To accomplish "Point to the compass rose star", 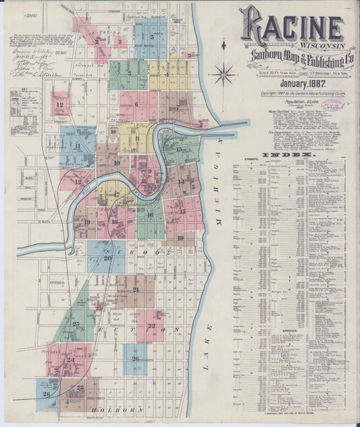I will coord(224,72).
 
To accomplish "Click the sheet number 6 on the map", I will coord(136,105).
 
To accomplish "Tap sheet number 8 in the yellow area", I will coord(136,139).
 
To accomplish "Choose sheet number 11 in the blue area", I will coord(78,145).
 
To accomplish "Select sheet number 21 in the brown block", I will coord(136,290).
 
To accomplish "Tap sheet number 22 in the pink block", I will coord(151,326).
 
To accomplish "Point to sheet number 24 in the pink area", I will coord(70,361).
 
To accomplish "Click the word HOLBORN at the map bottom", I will coord(122,410).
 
